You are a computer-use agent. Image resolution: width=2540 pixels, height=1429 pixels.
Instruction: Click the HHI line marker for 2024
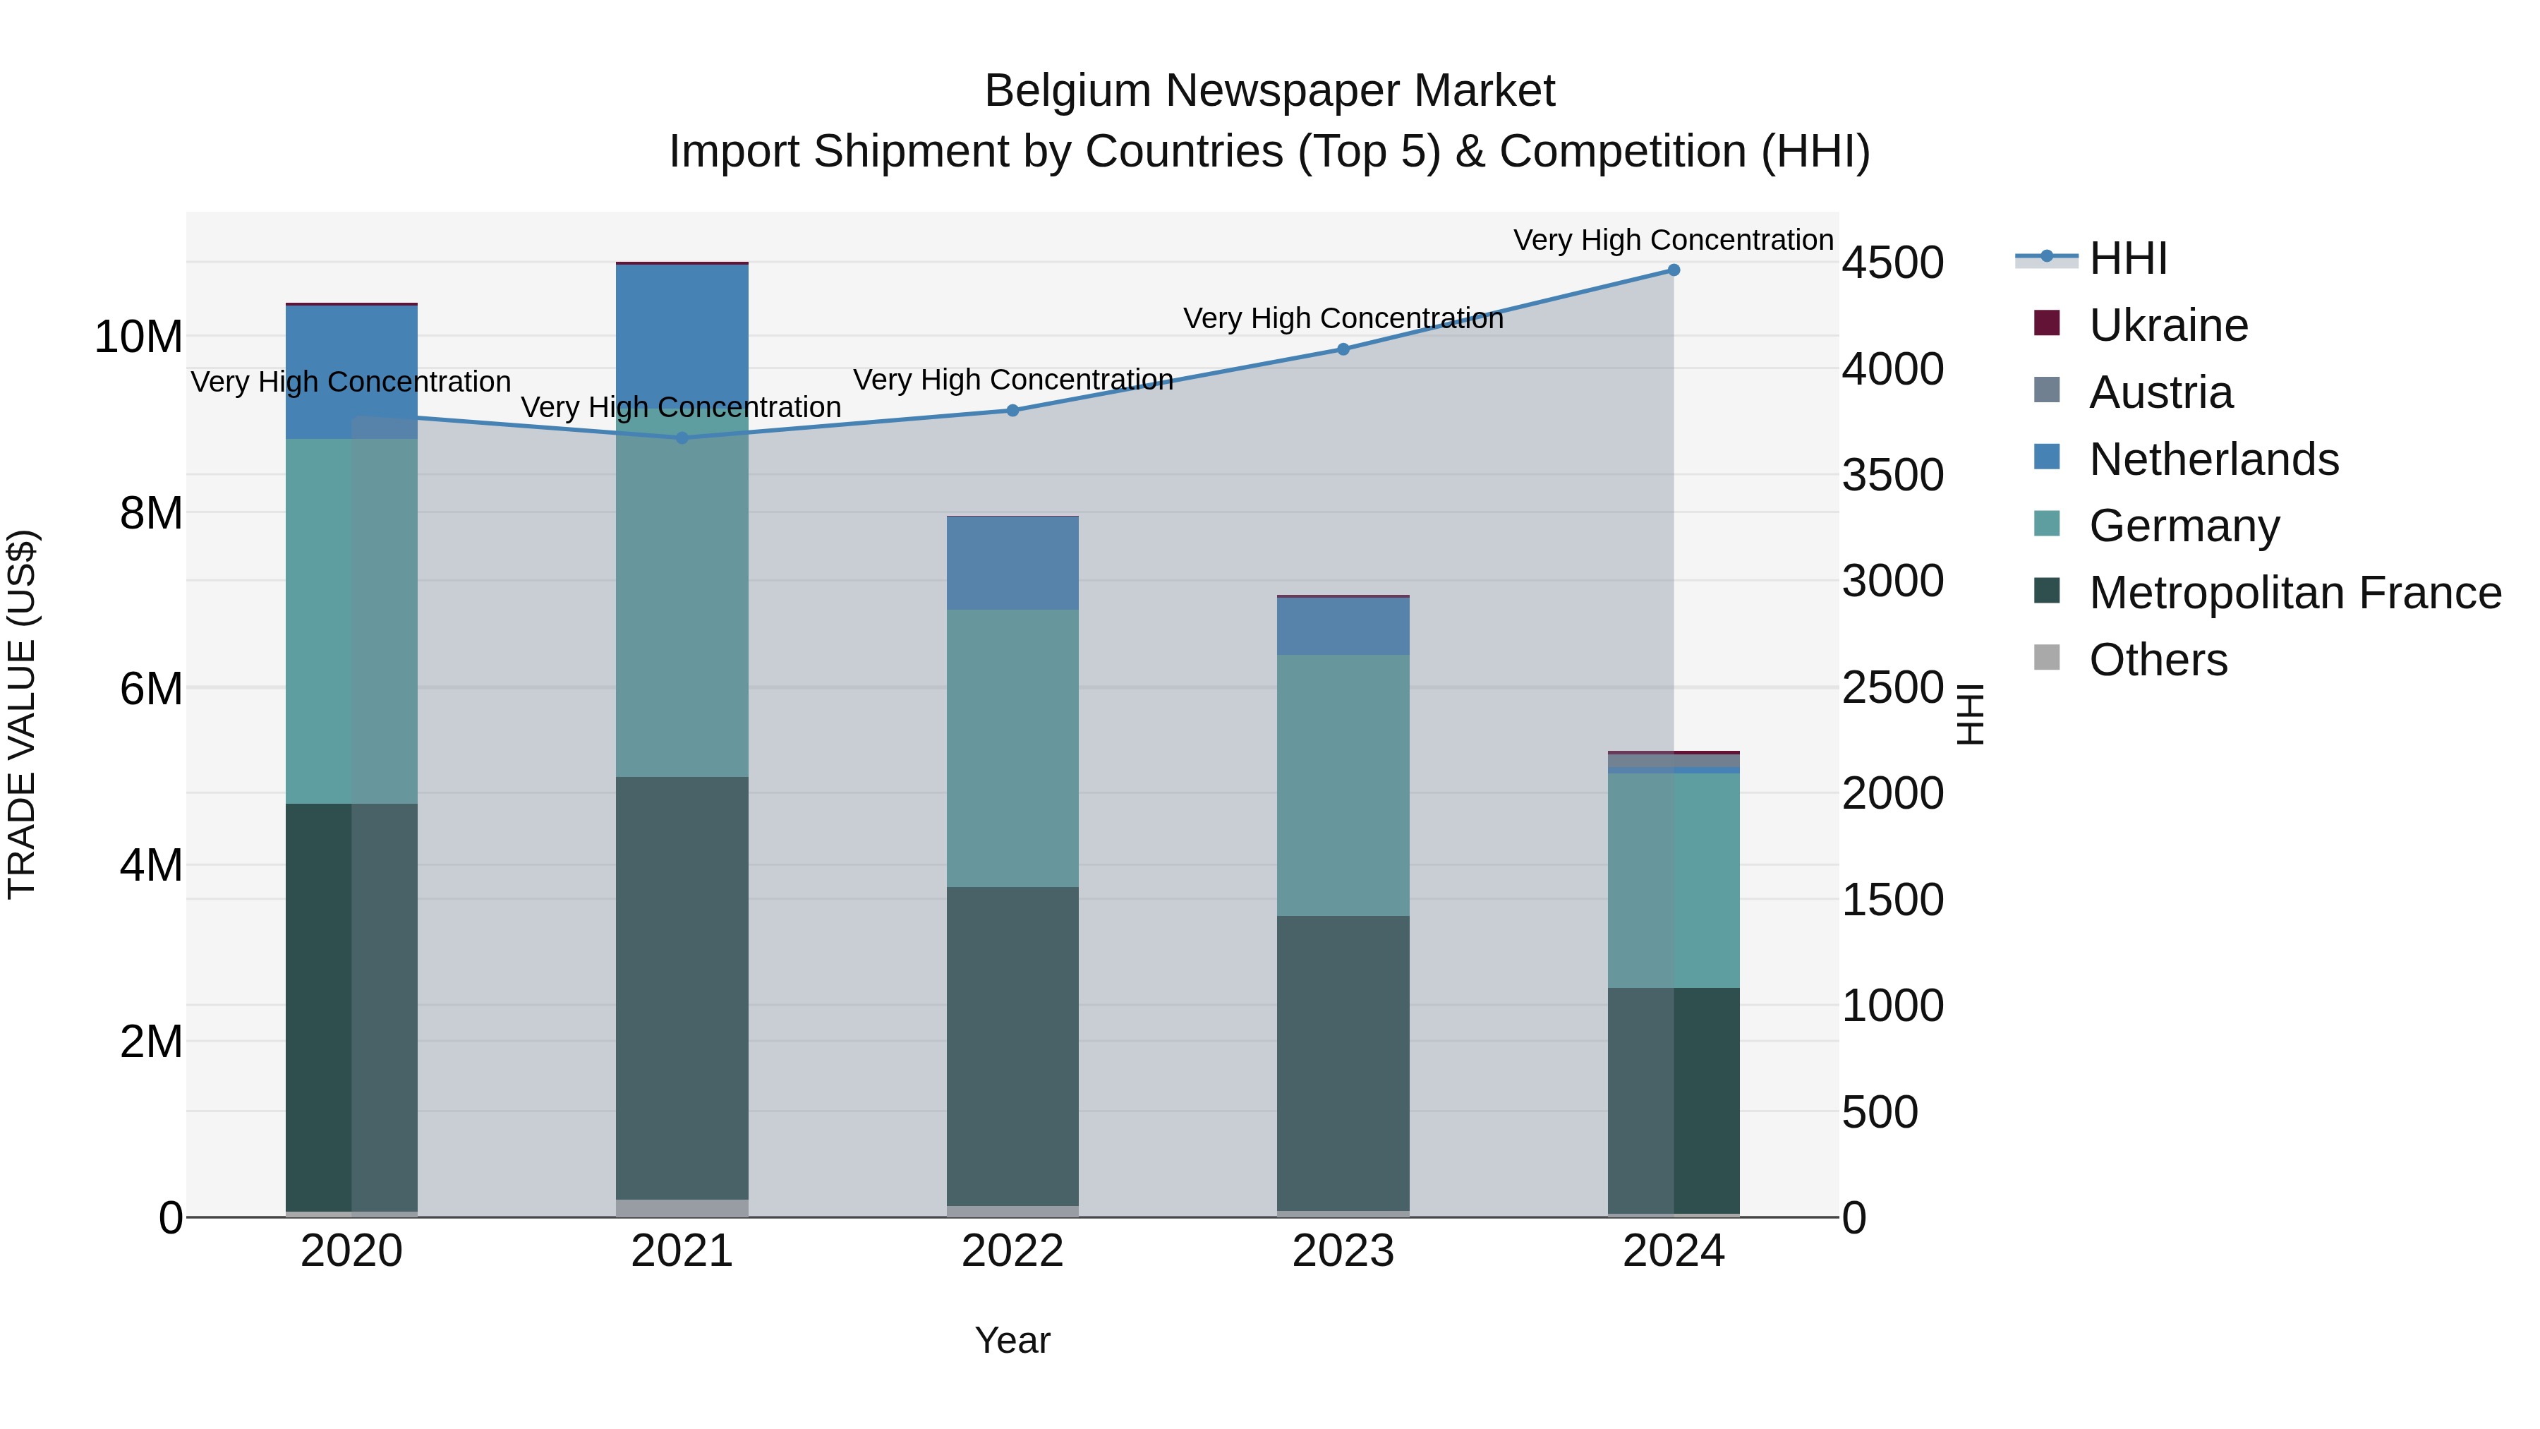(x=1674, y=270)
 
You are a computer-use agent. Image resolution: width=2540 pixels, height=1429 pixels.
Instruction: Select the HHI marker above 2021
(x=682, y=438)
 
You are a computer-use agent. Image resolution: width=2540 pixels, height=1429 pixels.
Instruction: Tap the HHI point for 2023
(x=1343, y=349)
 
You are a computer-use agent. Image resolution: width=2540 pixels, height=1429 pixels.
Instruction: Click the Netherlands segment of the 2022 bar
(x=1012, y=563)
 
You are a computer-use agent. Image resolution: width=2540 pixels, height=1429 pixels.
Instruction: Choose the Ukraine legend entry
(x=2167, y=325)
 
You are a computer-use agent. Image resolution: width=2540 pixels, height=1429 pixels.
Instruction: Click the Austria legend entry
(x=2160, y=392)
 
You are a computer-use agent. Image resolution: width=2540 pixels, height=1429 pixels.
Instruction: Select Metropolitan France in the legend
(x=2294, y=593)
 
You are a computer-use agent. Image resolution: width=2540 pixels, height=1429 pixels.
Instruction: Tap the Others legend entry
(x=2158, y=660)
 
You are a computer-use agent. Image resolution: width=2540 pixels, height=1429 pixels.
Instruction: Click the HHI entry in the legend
(x=2128, y=258)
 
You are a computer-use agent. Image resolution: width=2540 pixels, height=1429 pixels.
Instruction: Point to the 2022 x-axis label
(x=1012, y=1251)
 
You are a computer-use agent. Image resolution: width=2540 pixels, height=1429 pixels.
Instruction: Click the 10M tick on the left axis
(x=138, y=337)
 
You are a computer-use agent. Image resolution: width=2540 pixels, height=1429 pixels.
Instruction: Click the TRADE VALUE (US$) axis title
(x=23, y=714)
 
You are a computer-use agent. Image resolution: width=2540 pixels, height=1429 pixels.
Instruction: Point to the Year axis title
(x=1012, y=1340)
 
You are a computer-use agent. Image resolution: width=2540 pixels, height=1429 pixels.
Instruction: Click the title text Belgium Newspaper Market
(x=1269, y=91)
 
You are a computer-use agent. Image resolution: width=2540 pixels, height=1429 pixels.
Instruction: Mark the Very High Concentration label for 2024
(x=1674, y=240)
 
